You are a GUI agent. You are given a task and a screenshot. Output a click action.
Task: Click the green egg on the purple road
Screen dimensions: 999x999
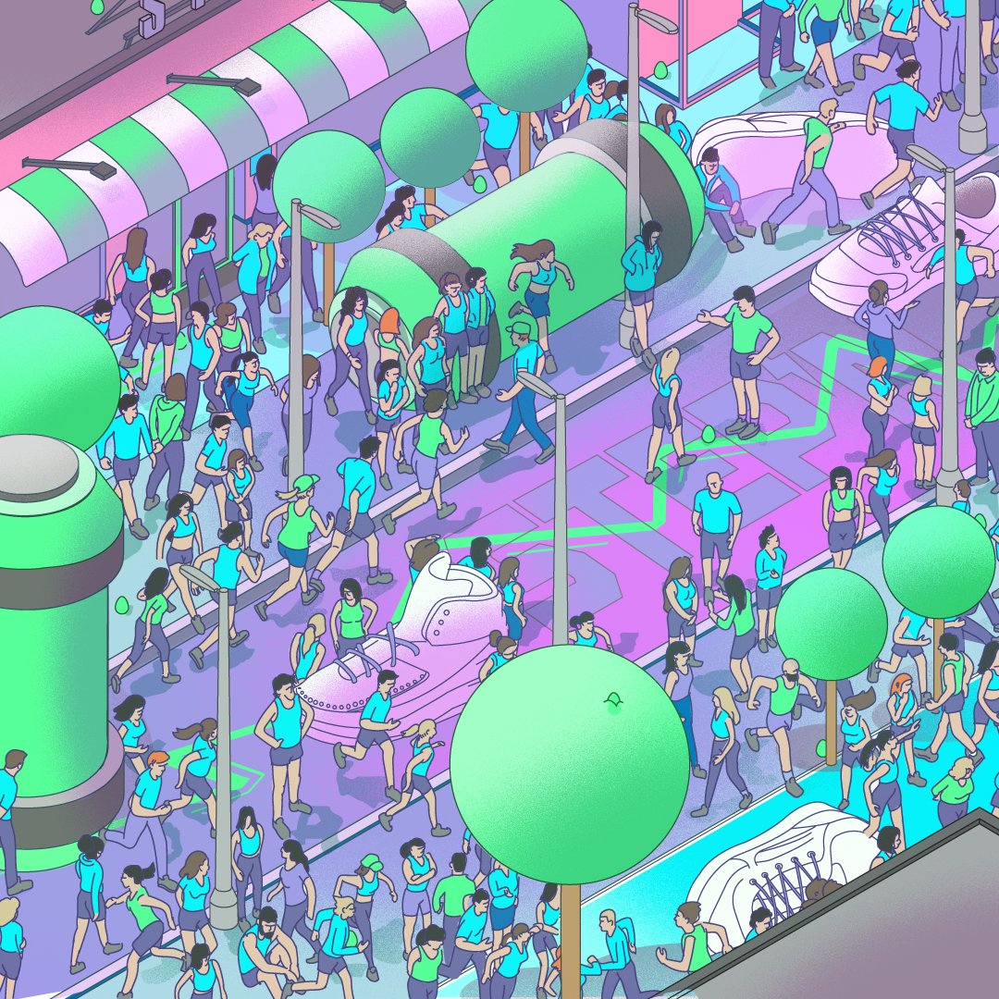(x=709, y=433)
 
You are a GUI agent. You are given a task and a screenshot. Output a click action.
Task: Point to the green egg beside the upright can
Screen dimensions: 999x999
(x=121, y=606)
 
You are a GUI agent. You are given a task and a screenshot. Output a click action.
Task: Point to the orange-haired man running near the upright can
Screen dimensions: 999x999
(x=148, y=795)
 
